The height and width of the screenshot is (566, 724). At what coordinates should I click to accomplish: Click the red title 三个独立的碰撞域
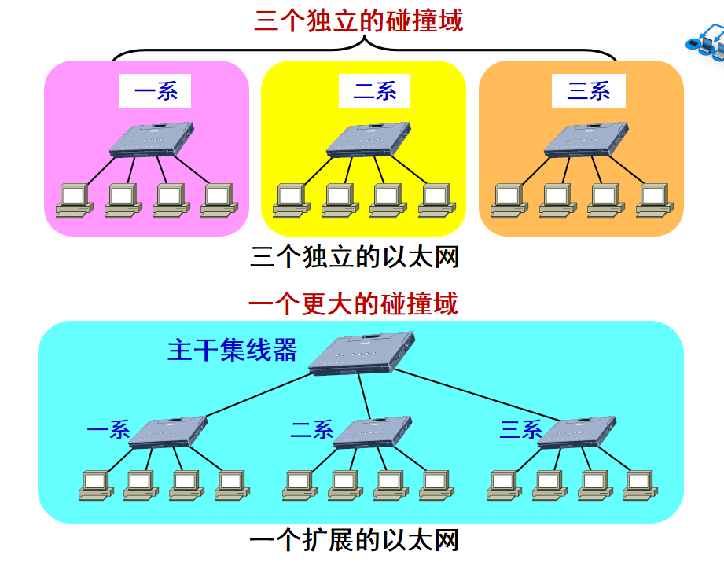[358, 21]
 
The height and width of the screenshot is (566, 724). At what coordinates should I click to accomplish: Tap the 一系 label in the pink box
[156, 91]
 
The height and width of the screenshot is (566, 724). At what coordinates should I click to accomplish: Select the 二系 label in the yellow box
[374, 91]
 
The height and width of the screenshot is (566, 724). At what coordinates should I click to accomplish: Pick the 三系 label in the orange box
[589, 91]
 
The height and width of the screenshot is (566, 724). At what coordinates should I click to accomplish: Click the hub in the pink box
[152, 139]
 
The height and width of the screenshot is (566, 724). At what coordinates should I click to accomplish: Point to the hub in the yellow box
[369, 139]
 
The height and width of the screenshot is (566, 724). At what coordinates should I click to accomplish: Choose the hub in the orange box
[586, 139]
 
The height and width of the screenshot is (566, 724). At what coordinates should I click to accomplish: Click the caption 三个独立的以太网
[355, 257]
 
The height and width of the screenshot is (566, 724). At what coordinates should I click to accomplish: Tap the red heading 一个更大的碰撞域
[353, 303]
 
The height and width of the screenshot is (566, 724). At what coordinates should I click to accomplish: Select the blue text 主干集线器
[232, 350]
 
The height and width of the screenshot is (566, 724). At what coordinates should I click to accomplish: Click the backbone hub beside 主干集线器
[362, 353]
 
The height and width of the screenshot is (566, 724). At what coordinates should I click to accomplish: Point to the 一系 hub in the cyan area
[167, 432]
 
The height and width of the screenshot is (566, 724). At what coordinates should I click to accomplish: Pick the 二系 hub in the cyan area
[372, 432]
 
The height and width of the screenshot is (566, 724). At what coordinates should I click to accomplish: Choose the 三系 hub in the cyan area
[577, 432]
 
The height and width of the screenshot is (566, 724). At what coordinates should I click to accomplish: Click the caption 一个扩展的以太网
[355, 540]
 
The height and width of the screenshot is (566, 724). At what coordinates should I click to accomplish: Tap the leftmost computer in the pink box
[75, 200]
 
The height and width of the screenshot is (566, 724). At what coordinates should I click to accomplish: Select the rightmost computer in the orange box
[655, 200]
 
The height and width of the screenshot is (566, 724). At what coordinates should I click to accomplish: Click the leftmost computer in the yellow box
[292, 200]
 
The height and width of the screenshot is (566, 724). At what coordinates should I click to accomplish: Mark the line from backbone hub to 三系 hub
[477, 395]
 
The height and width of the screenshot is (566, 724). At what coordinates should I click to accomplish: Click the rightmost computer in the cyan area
[641, 485]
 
